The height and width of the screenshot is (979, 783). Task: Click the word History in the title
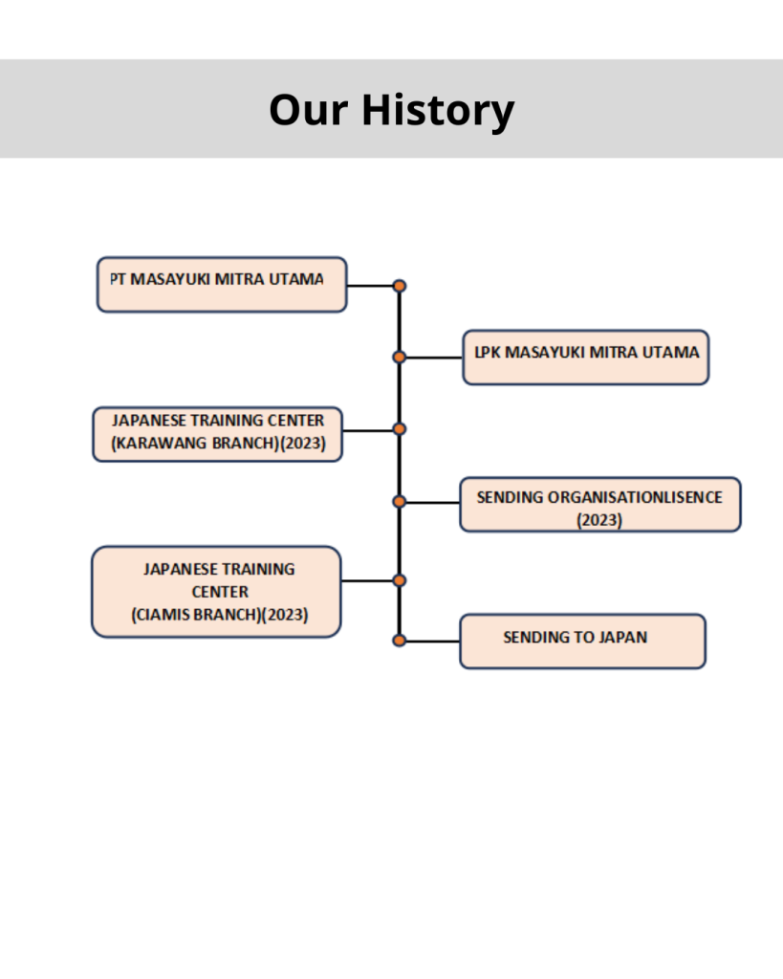click(438, 110)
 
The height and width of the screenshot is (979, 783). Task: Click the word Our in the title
click(309, 111)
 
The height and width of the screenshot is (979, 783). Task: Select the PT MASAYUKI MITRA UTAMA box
click(222, 284)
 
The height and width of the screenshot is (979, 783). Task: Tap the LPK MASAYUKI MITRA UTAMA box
click(586, 358)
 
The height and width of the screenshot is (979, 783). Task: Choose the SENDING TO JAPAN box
click(582, 642)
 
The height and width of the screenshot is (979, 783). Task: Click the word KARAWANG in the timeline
click(163, 444)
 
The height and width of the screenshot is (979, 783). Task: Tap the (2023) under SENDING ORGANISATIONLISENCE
click(599, 520)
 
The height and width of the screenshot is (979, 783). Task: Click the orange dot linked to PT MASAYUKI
click(400, 286)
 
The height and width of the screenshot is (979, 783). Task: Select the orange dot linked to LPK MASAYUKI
click(400, 358)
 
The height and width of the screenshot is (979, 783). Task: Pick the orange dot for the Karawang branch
click(400, 429)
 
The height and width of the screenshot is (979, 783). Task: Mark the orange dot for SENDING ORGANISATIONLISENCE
click(400, 501)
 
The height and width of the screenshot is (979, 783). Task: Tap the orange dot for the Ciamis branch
click(400, 580)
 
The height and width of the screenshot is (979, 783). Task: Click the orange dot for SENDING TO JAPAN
click(400, 640)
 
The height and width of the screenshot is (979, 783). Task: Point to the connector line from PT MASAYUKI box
click(370, 286)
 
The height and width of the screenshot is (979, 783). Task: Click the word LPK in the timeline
click(488, 353)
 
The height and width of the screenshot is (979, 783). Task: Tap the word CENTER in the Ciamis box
click(220, 592)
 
